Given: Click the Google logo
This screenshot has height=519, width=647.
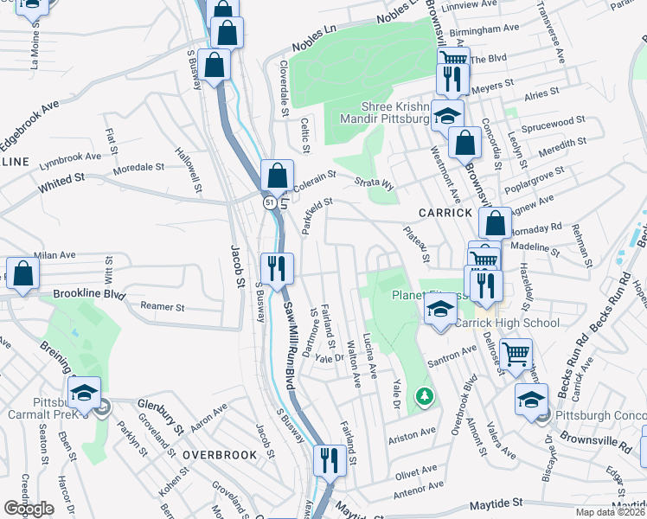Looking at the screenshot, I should (29, 509).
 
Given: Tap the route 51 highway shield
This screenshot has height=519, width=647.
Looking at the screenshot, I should (271, 202).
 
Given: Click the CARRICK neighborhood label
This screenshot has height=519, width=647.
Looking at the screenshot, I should (445, 212).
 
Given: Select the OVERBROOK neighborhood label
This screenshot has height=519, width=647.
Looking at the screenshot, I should (220, 454).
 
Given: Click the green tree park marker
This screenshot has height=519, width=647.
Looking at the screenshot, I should (425, 397).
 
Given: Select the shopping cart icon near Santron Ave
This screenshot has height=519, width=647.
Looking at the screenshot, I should (516, 352).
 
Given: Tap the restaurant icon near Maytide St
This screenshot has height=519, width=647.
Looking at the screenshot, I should (330, 460).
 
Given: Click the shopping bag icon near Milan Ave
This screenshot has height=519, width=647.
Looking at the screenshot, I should (23, 273).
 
